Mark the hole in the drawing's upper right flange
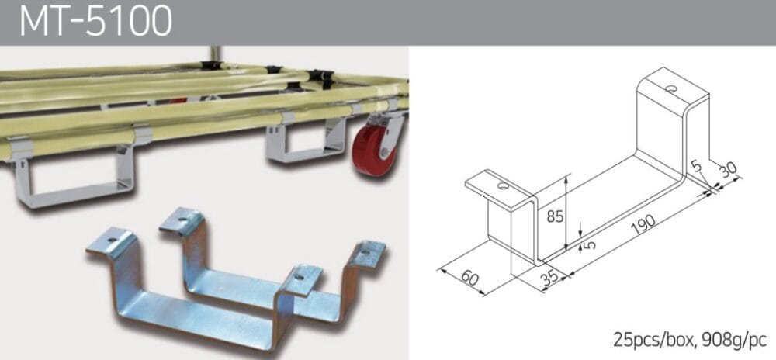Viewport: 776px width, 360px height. [x=669, y=88]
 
